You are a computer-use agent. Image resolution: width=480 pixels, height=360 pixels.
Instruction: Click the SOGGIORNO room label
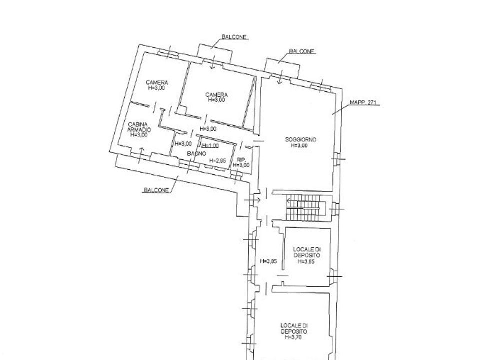(x=301, y=140)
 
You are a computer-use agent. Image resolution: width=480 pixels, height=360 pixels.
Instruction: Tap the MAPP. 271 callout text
(x=363, y=103)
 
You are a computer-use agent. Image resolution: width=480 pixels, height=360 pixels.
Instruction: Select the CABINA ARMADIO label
(x=139, y=127)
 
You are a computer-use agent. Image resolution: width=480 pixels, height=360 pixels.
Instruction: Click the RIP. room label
(x=241, y=160)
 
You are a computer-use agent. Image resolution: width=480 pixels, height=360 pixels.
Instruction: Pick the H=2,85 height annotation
(x=218, y=160)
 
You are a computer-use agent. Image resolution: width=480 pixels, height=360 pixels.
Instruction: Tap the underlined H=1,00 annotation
(x=210, y=146)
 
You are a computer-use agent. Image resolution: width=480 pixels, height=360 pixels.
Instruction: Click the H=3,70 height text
(x=294, y=337)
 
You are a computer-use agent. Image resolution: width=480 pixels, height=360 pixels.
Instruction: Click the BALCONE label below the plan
(x=156, y=190)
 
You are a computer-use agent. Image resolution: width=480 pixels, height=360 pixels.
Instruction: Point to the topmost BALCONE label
(x=234, y=37)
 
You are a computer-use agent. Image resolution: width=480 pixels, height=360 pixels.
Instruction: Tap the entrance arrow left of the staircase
(x=252, y=200)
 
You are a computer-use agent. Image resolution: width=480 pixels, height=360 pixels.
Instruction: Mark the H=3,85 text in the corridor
(x=268, y=261)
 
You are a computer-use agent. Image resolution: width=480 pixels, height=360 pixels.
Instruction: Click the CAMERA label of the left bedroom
(x=157, y=82)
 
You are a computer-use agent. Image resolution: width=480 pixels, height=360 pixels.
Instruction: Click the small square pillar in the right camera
(x=182, y=110)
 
